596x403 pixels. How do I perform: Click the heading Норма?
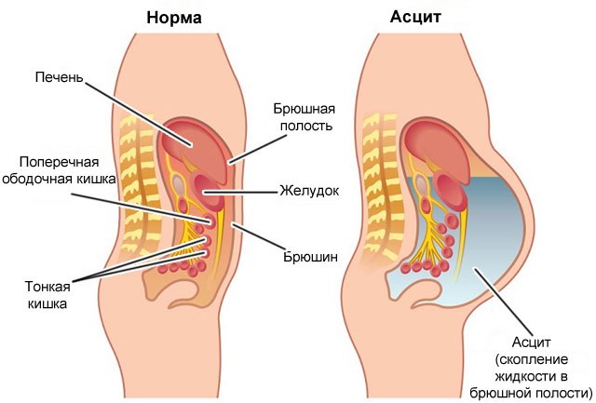click(174, 18)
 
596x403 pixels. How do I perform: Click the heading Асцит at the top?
click(415, 17)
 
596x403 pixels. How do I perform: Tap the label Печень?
click(59, 77)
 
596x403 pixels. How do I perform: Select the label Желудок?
click(309, 190)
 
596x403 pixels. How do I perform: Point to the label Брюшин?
click(310, 257)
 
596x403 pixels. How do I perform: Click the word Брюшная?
click(305, 109)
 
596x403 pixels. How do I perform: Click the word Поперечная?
click(60, 163)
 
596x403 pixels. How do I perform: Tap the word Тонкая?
click(47, 287)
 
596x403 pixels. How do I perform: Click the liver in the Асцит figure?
click(437, 146)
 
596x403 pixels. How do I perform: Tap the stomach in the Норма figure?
click(209, 191)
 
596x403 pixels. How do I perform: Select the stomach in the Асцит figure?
click(451, 191)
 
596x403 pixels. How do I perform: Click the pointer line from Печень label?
click(138, 114)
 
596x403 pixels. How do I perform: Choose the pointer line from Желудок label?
click(239, 192)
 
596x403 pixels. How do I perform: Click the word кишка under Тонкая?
click(47, 303)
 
